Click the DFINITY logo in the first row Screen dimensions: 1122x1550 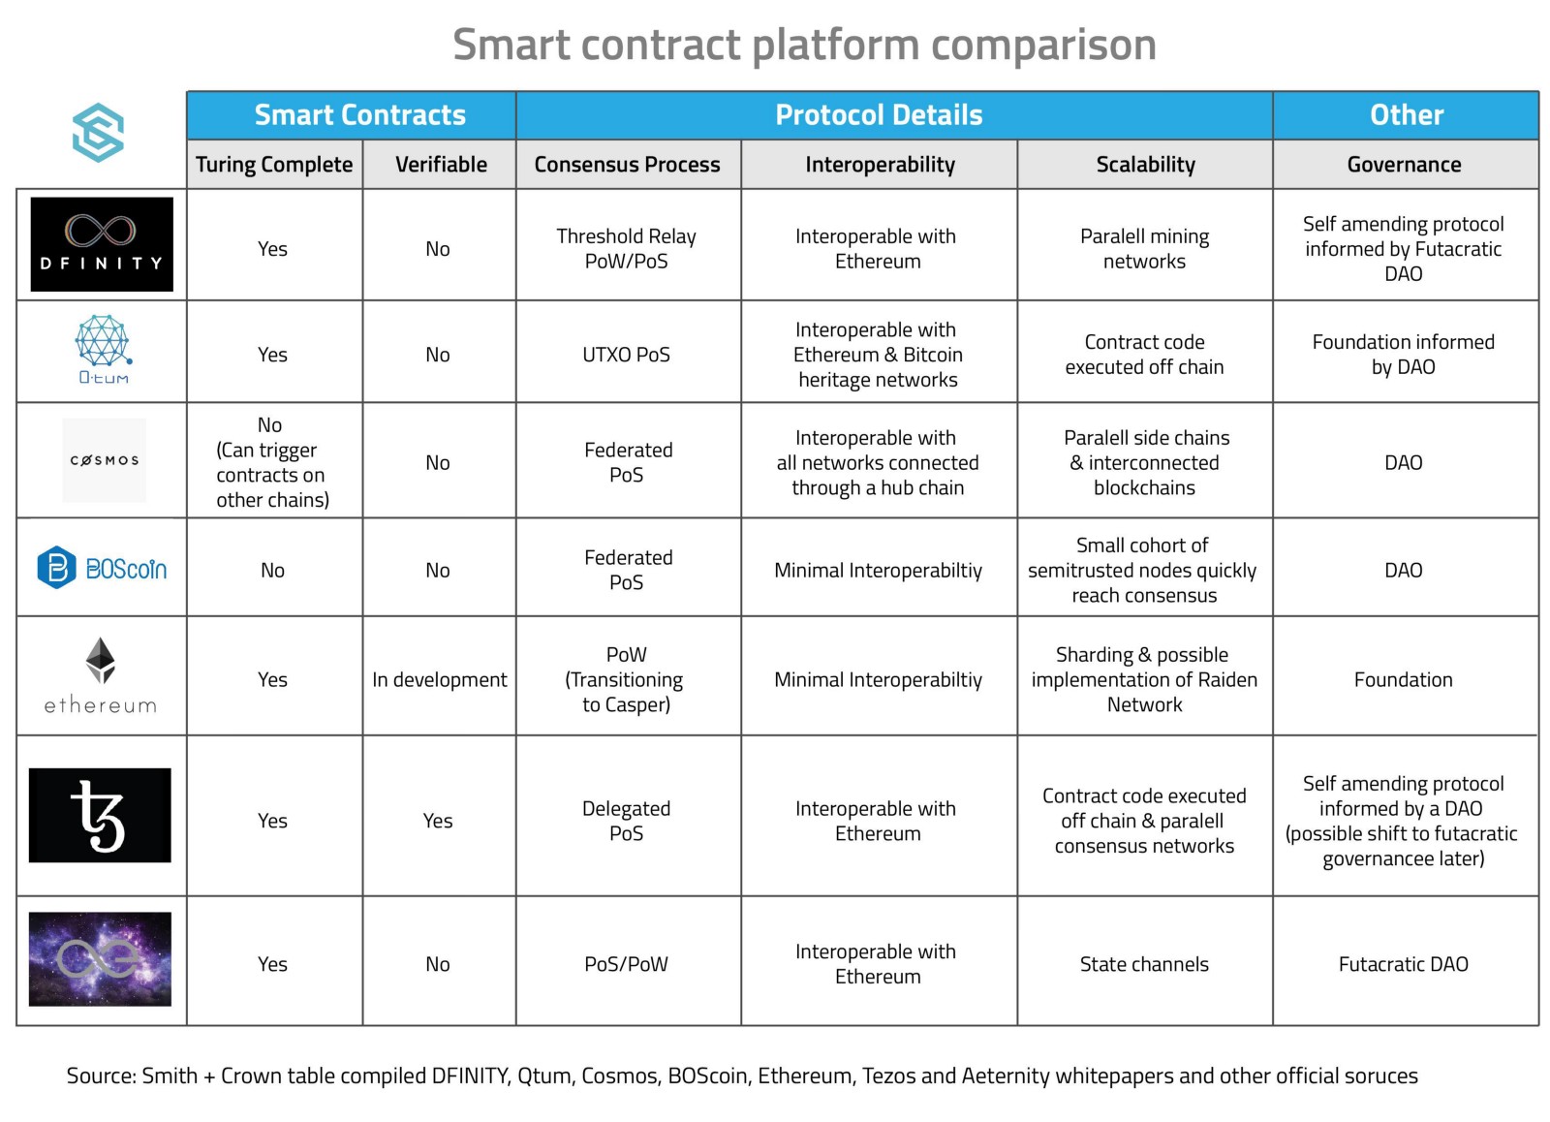point(102,244)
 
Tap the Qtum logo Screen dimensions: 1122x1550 point(103,349)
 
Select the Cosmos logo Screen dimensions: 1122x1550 point(104,460)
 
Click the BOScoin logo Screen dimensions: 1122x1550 point(102,568)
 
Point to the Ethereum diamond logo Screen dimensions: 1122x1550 point(101,661)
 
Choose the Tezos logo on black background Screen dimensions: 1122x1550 point(100,815)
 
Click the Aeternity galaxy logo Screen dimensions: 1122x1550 point(100,958)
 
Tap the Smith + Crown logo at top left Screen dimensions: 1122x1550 point(98,133)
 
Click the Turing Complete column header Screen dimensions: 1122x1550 point(274,165)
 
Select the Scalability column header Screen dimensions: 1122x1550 point(1145,165)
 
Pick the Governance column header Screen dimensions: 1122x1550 point(1404,165)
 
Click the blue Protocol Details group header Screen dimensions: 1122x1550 point(879,115)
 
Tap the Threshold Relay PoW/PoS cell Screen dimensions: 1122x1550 point(627,249)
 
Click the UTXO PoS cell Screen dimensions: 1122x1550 point(627,355)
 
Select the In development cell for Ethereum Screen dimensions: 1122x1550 point(439,680)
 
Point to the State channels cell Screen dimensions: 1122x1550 point(1144,964)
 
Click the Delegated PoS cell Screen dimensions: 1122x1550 point(627,821)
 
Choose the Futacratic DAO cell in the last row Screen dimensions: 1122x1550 point(1403,964)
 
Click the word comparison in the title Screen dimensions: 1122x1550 point(1043,46)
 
